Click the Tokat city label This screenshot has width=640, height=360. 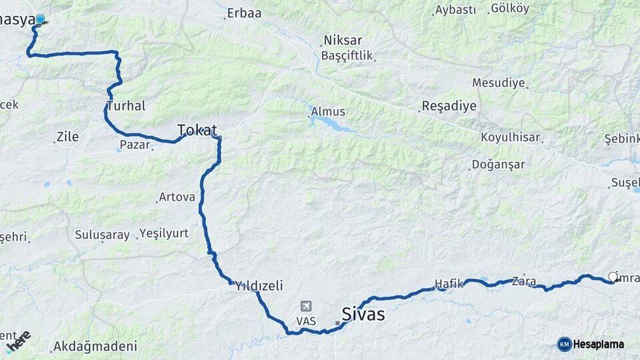[197, 129]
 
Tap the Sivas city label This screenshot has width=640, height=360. [363, 313]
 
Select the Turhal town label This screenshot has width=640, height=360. [125, 106]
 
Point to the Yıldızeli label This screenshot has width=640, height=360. [259, 285]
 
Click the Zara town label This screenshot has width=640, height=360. [524, 281]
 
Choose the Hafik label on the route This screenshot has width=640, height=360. [448, 283]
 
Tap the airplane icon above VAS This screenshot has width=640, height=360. [307, 306]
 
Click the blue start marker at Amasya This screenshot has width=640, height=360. [40, 20]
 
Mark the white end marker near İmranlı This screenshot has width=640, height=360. [613, 277]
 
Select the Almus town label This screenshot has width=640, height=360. [329, 111]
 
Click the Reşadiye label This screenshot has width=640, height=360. [449, 106]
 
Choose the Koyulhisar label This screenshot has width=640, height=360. [510, 138]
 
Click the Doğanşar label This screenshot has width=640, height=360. [498, 164]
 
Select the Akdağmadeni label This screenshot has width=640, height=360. [95, 346]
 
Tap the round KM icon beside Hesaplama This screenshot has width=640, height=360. [564, 344]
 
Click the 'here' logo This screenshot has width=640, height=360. [19, 341]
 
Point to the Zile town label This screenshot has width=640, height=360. [67, 137]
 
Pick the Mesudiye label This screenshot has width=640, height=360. [498, 83]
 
